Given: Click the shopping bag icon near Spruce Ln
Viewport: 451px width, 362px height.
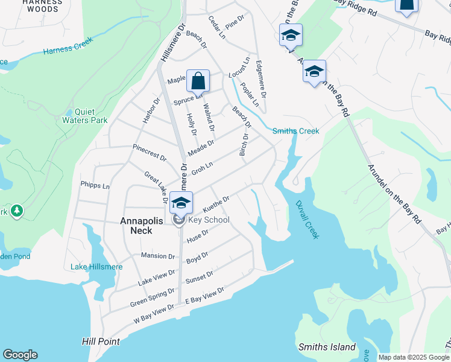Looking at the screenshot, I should coord(198,80).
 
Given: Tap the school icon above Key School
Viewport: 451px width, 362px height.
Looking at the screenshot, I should coord(181,202).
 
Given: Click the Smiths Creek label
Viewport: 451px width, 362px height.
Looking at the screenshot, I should coord(295,131).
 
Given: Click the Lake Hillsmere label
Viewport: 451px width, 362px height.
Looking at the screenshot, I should coord(96,267).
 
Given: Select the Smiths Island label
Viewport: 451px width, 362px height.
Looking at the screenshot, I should coord(324,347).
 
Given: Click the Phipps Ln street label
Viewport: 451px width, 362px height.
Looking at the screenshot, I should coord(95,186).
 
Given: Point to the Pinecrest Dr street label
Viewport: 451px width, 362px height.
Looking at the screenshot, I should coord(150,153).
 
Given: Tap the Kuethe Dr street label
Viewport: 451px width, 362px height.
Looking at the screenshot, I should coord(216,204).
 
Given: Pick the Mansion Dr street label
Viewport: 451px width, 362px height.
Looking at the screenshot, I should coord(157,256).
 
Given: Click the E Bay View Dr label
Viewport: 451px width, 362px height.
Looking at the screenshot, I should coord(204,295).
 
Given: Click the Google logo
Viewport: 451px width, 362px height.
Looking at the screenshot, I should coord(20,355).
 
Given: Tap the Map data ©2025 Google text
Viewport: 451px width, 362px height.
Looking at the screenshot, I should coord(413,357).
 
